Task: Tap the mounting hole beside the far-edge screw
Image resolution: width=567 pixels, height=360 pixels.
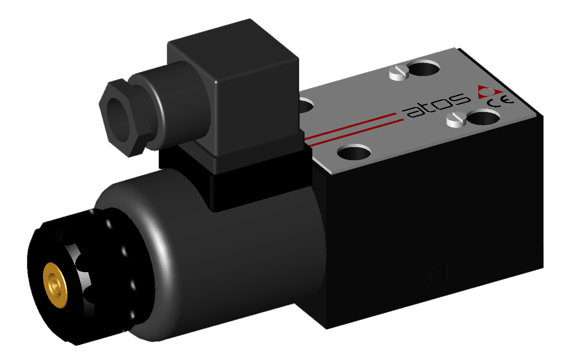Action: pyautogui.click(x=424, y=68)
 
